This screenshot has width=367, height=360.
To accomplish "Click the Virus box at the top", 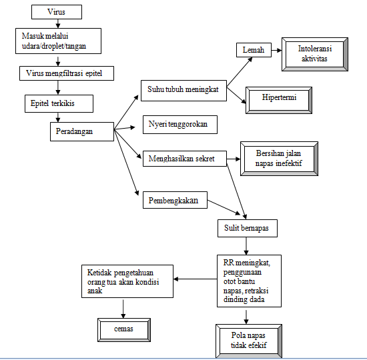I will (56, 12).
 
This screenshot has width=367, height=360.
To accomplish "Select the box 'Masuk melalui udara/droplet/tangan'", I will (59, 41).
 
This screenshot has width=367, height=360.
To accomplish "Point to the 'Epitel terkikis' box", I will (57, 104).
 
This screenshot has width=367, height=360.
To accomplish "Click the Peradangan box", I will (81, 131).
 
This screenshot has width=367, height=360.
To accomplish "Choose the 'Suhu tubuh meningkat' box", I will (183, 90).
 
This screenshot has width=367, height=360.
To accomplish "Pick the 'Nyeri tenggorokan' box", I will (179, 125).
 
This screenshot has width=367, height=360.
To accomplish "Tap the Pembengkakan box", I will (174, 201).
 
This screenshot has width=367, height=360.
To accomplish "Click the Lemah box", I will (254, 50).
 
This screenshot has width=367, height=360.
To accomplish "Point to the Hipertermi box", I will (280, 98).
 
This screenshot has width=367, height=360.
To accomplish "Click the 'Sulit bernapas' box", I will (247, 229).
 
